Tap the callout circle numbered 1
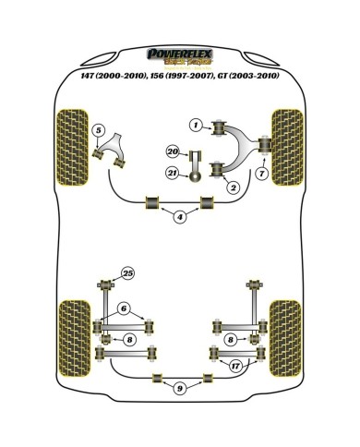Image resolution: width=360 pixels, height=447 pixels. click(196, 125)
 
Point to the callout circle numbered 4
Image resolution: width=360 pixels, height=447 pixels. click(180, 216)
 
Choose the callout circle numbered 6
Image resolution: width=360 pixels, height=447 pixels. click(124, 308)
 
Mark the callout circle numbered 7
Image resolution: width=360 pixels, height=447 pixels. click(263, 173)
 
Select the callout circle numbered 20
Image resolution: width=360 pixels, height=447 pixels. click(172, 151)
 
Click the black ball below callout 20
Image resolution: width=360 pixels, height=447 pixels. click(196, 176)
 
